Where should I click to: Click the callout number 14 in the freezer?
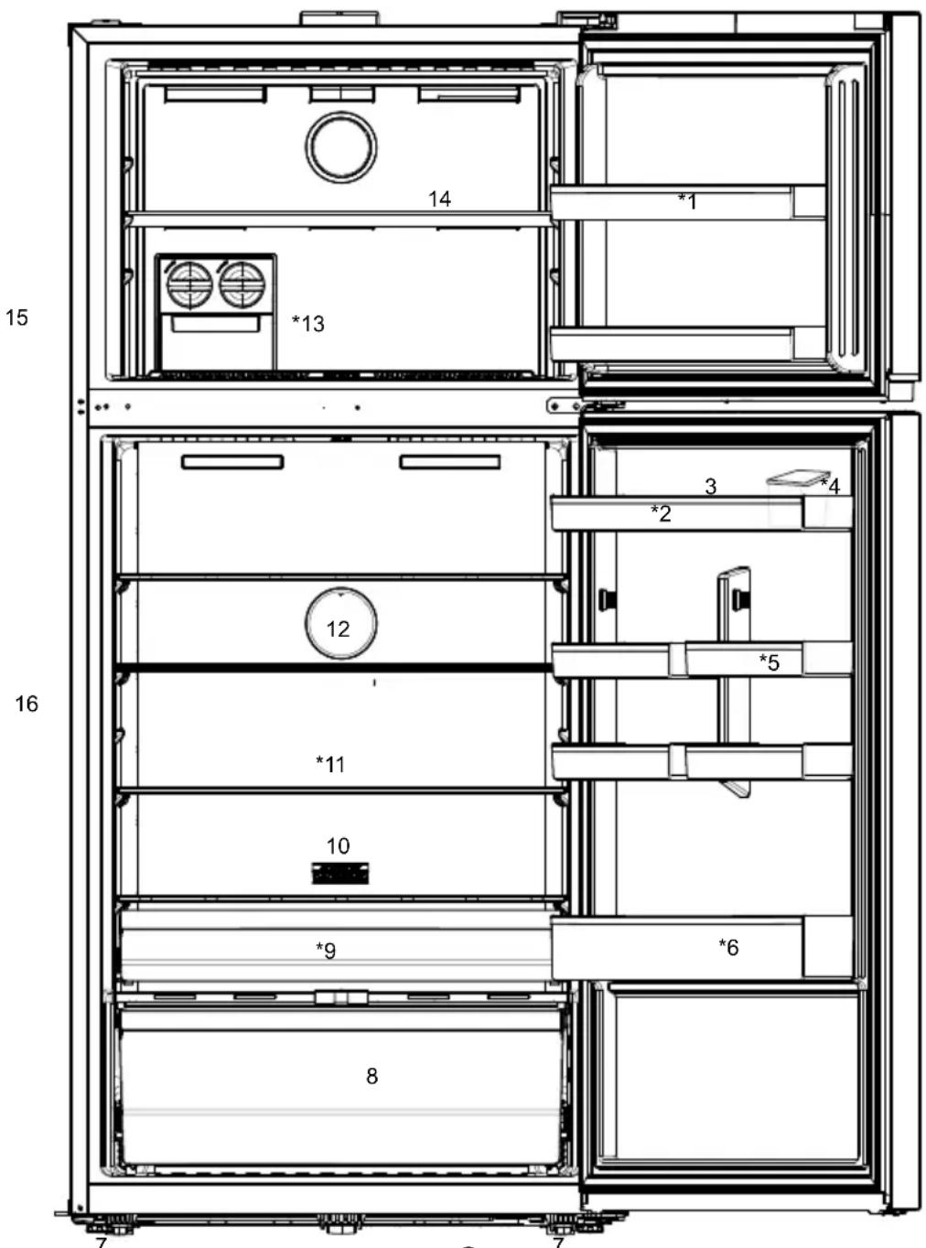(x=439, y=199)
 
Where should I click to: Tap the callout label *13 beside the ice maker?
(x=308, y=324)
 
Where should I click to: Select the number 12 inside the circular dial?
(x=339, y=629)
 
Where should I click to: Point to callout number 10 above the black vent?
(x=339, y=845)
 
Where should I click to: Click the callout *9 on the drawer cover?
(x=326, y=951)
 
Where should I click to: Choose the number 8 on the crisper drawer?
(x=372, y=1076)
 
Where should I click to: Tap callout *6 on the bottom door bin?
(x=728, y=948)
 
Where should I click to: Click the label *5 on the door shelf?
(x=769, y=662)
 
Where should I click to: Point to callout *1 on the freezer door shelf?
(x=687, y=201)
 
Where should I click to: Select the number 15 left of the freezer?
(x=16, y=317)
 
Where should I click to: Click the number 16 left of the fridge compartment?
(x=27, y=704)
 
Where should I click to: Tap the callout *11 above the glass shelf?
(x=330, y=764)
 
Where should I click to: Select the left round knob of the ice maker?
(x=189, y=285)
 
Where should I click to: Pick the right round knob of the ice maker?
(x=242, y=285)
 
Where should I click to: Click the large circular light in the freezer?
(x=341, y=147)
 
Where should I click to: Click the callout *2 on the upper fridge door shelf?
(x=661, y=513)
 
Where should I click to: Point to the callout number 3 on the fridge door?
(x=711, y=487)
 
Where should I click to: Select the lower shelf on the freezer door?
(x=688, y=344)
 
